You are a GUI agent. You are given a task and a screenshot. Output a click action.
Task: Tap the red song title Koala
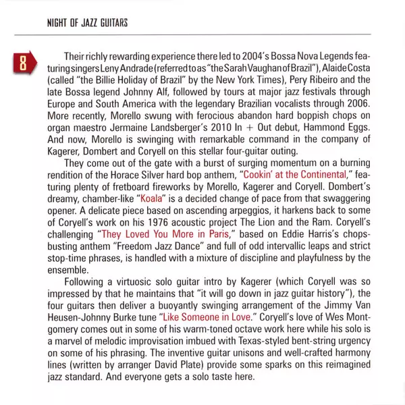(150, 200)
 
